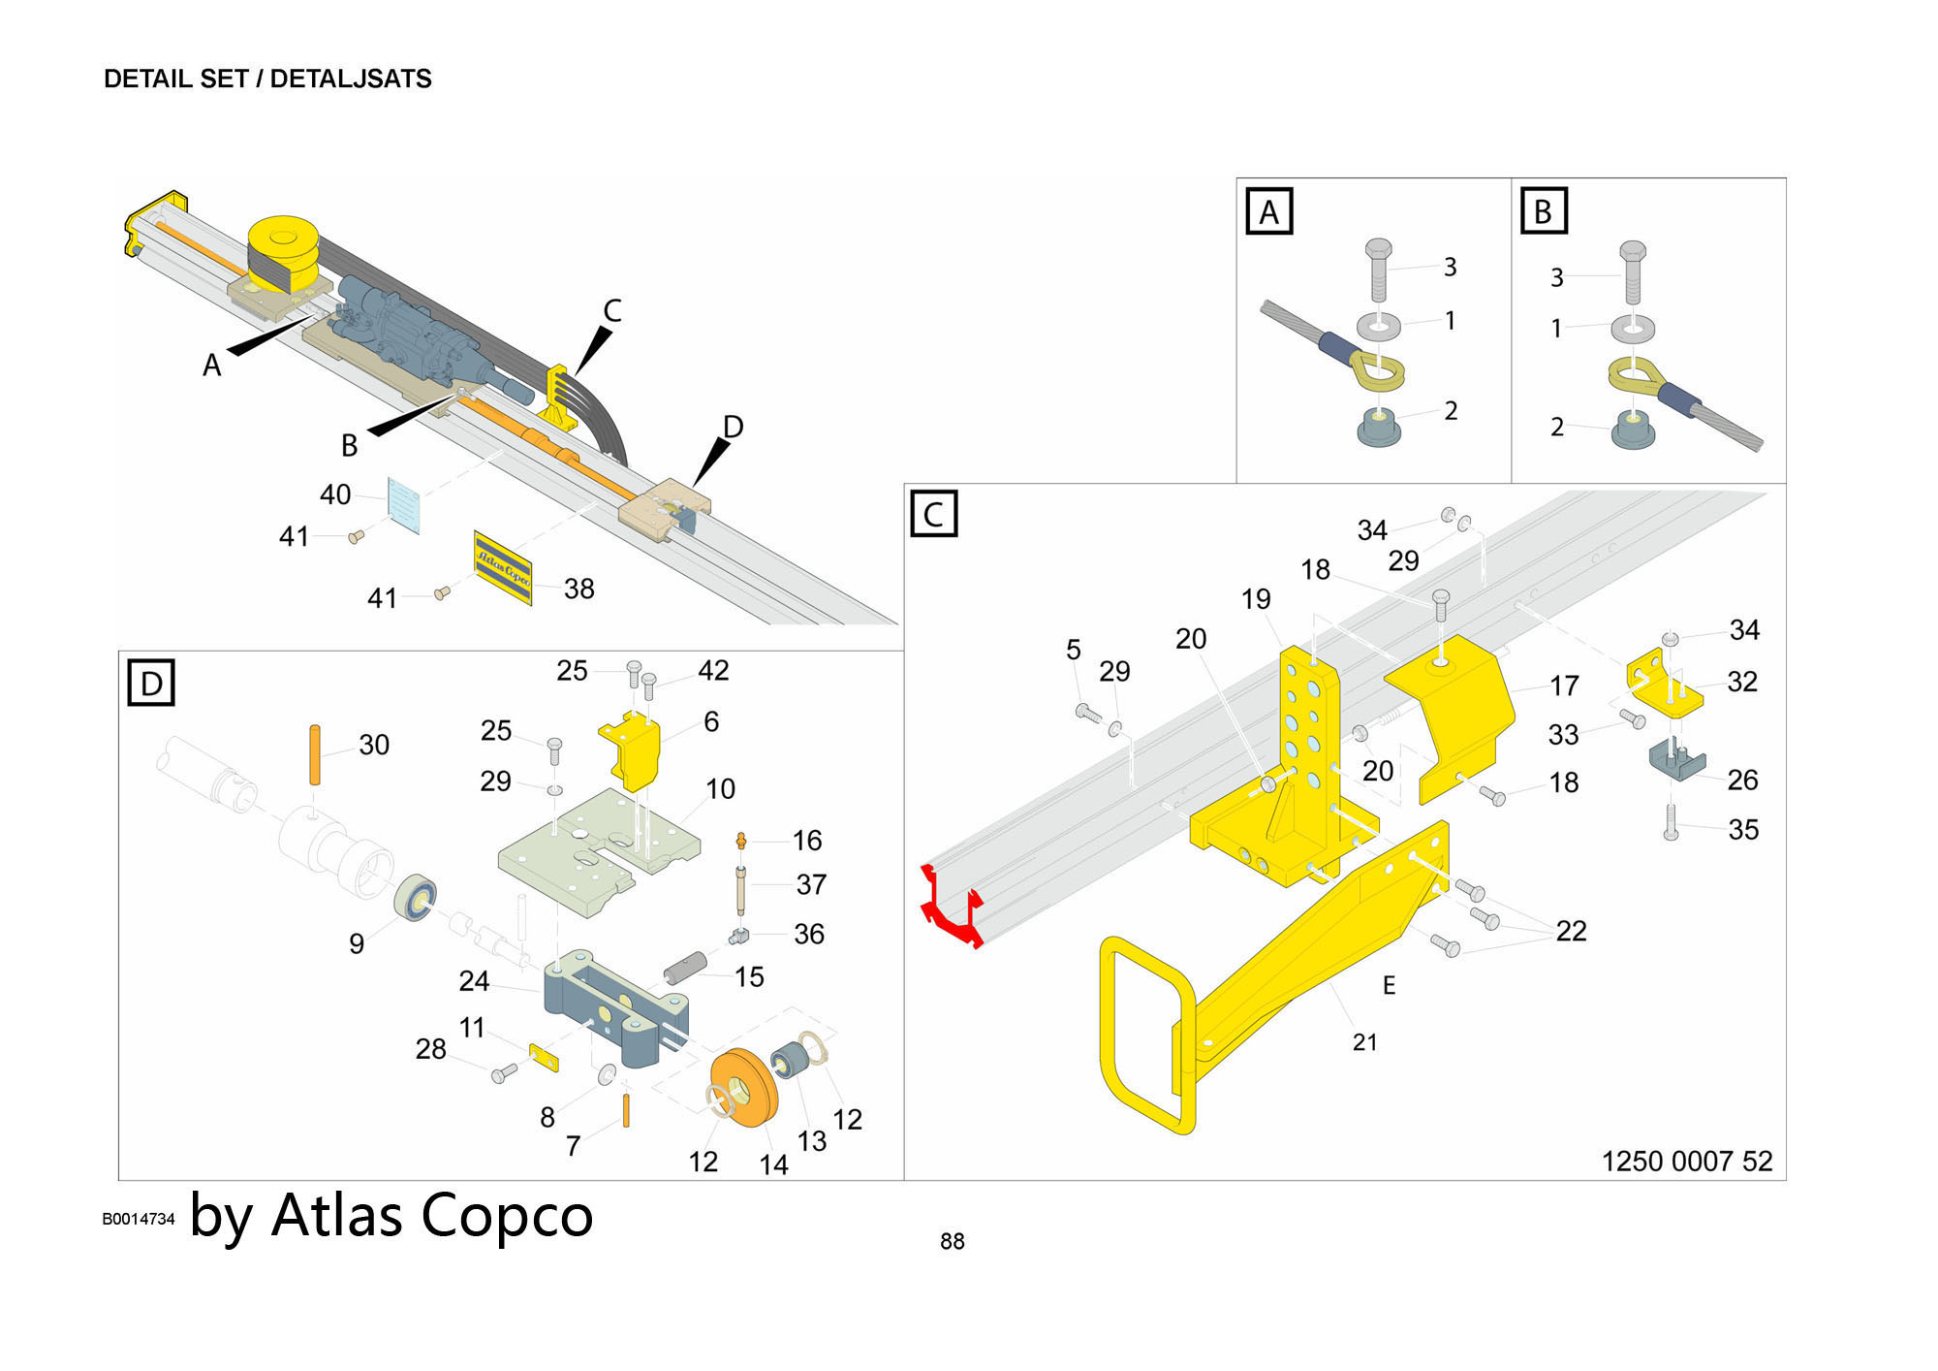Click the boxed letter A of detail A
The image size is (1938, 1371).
(x=1268, y=212)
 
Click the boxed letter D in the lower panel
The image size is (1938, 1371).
(x=151, y=683)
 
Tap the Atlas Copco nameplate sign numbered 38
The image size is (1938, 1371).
(x=503, y=568)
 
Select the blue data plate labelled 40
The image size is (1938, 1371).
(x=404, y=504)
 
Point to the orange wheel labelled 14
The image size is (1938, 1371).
(x=743, y=1087)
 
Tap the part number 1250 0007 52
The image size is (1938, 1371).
(x=1686, y=1161)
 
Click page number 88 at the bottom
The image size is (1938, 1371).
(x=952, y=1241)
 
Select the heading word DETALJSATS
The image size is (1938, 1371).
(x=351, y=79)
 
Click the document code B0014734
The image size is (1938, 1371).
(x=139, y=1219)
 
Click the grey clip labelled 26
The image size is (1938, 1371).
(x=1676, y=757)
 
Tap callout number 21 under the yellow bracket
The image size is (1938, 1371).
(x=1364, y=1042)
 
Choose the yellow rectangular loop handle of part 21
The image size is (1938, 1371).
(x=1147, y=1035)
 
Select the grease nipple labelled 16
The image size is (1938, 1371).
(x=741, y=840)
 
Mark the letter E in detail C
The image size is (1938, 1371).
(x=1389, y=985)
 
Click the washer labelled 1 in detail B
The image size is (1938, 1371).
(x=1633, y=328)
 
